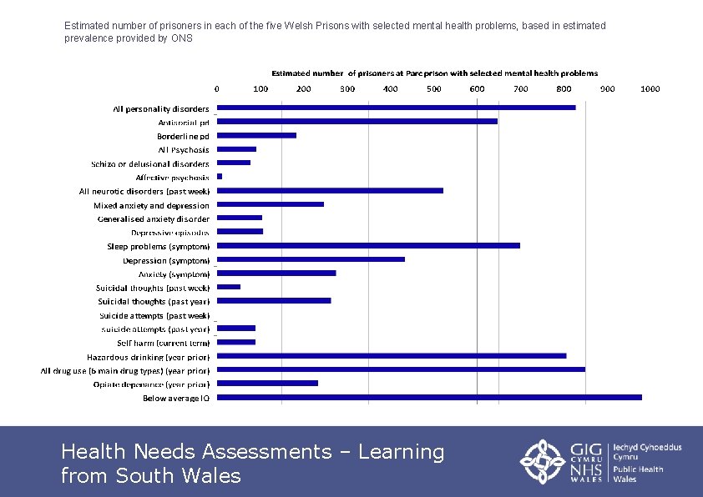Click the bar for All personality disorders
[x=396, y=108]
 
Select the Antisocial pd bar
[x=357, y=122]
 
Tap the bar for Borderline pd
[x=257, y=135]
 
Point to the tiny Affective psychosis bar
[x=220, y=177]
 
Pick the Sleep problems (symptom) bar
[x=368, y=245]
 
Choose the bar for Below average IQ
[x=429, y=397]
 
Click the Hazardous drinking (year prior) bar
[x=392, y=356]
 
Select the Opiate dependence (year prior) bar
[x=267, y=384]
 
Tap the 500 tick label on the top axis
[x=434, y=88]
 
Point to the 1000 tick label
[x=650, y=88]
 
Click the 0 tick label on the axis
[x=218, y=88]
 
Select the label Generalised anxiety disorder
[x=154, y=219]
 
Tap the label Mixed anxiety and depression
[x=151, y=205]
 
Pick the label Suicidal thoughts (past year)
[x=154, y=301]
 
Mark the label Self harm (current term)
[x=163, y=343]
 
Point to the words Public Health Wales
[x=638, y=474]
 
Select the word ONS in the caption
[x=182, y=38]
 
